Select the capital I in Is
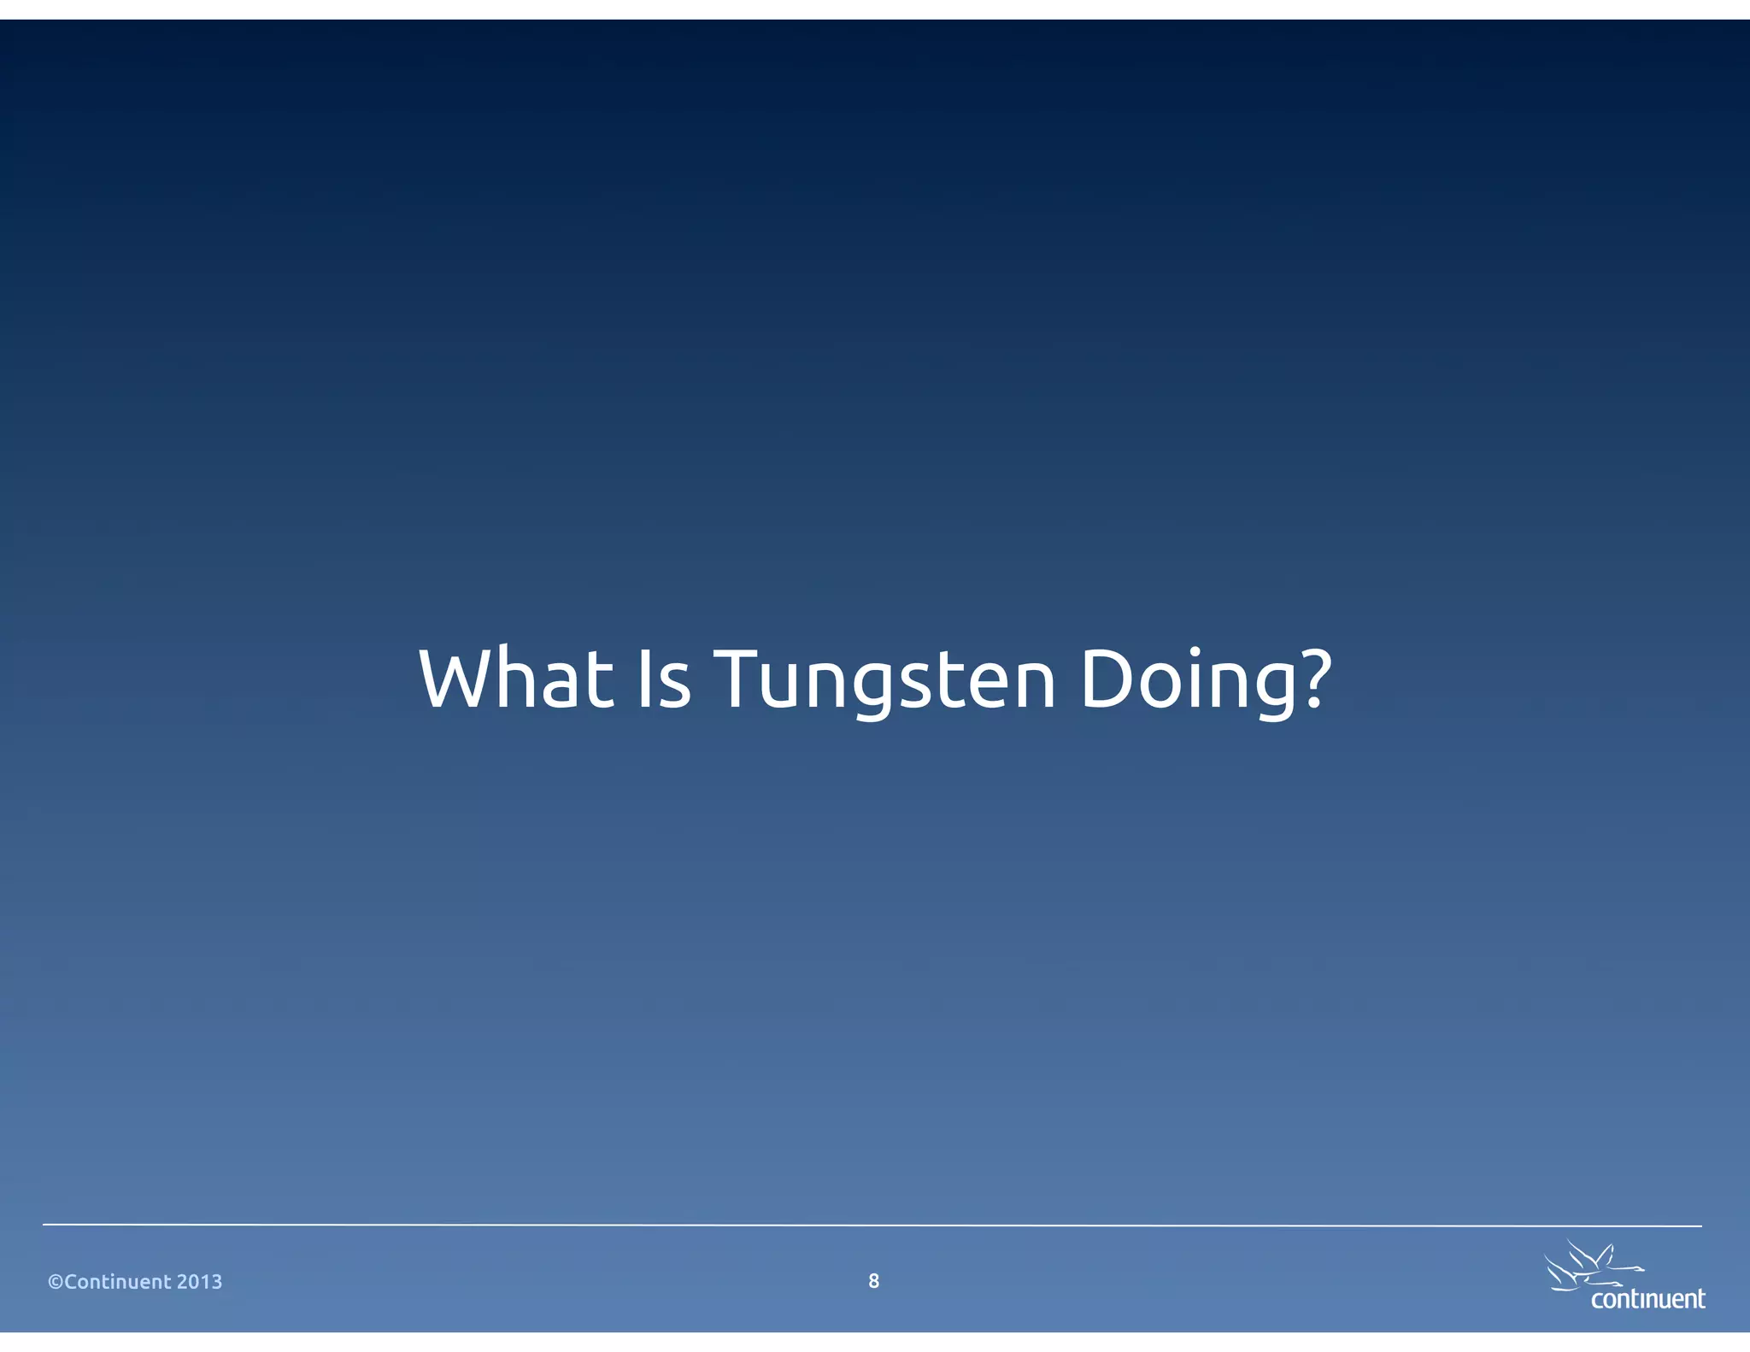pyautogui.click(x=643, y=679)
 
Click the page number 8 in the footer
pyautogui.click(x=873, y=1280)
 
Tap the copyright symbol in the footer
pyautogui.click(x=56, y=1282)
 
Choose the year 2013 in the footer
pyautogui.click(x=199, y=1282)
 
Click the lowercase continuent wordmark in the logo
pyautogui.click(x=1648, y=1299)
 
